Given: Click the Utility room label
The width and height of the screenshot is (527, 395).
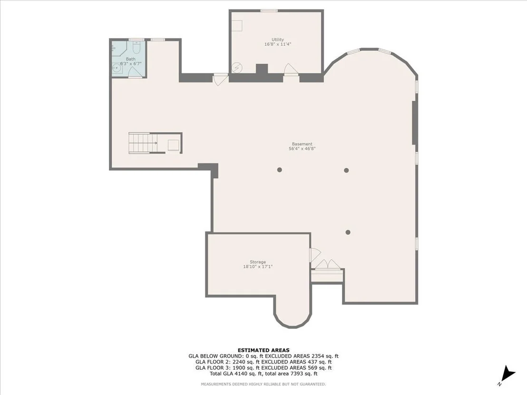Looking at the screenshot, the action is [278, 39].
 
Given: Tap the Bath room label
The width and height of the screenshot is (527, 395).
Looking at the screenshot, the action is [131, 59].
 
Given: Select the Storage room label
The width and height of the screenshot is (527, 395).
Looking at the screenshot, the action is [258, 262].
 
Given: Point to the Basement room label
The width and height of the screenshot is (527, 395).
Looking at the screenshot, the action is [302, 144].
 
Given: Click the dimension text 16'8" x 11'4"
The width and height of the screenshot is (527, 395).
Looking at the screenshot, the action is [278, 44].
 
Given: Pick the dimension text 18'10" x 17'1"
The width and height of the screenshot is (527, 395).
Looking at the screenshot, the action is [258, 267].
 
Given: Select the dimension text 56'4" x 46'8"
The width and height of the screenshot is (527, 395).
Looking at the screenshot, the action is [302, 149].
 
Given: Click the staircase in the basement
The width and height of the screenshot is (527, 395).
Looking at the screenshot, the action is [143, 143].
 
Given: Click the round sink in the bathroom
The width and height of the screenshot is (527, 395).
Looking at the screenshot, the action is [117, 68].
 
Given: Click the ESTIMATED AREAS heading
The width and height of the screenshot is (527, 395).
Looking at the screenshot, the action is [263, 350].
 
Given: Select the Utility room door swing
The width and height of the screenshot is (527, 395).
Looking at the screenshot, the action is [291, 69].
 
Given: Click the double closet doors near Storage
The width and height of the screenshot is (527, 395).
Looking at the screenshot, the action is [328, 264].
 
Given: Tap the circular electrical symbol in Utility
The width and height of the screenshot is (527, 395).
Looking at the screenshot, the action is [237, 67].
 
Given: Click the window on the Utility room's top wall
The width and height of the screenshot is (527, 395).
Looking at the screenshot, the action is [269, 11].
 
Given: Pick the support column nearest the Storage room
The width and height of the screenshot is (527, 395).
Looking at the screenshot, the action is [348, 232].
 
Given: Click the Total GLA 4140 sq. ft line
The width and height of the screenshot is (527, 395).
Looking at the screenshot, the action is [263, 374].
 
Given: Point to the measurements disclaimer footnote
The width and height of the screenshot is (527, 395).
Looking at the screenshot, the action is [263, 384].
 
